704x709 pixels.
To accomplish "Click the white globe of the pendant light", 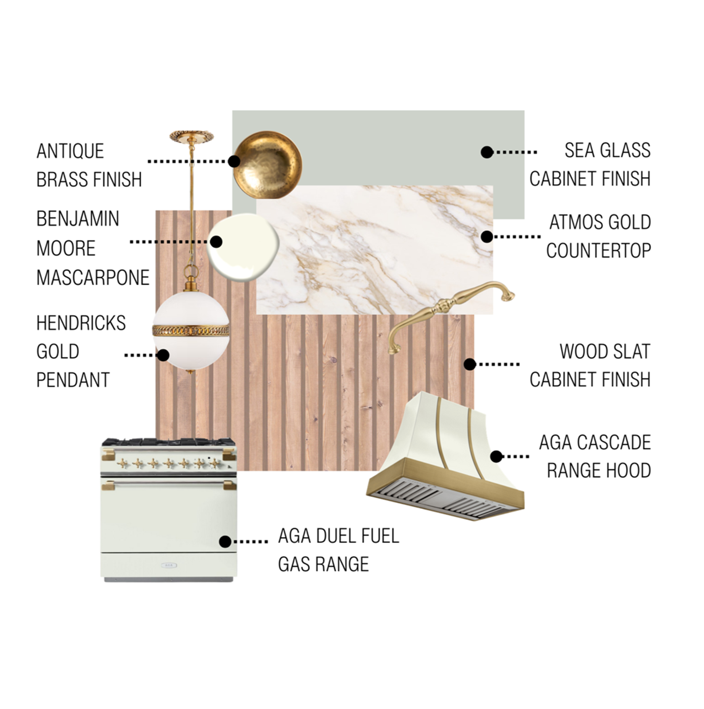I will pyautogui.click(x=191, y=349).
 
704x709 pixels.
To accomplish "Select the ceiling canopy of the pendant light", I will pyautogui.click(x=191, y=136).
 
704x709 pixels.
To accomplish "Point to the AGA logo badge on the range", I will pyautogui.click(x=168, y=565).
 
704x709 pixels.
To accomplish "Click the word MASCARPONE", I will pyautogui.click(x=93, y=277).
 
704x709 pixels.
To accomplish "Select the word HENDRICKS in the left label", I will pyautogui.click(x=81, y=323).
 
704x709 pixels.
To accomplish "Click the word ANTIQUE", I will pyautogui.click(x=70, y=151).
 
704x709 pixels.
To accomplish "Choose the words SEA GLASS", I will pyautogui.click(x=607, y=150).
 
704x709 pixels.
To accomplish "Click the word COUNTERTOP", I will pyautogui.click(x=598, y=251).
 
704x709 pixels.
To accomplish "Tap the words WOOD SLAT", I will pyautogui.click(x=605, y=352).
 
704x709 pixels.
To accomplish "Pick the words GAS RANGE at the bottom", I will pyautogui.click(x=323, y=564).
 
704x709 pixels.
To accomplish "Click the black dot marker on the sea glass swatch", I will pyautogui.click(x=487, y=152).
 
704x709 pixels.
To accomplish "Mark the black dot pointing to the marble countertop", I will pyautogui.click(x=487, y=237).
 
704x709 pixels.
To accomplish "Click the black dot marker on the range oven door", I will pyautogui.click(x=225, y=541).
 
